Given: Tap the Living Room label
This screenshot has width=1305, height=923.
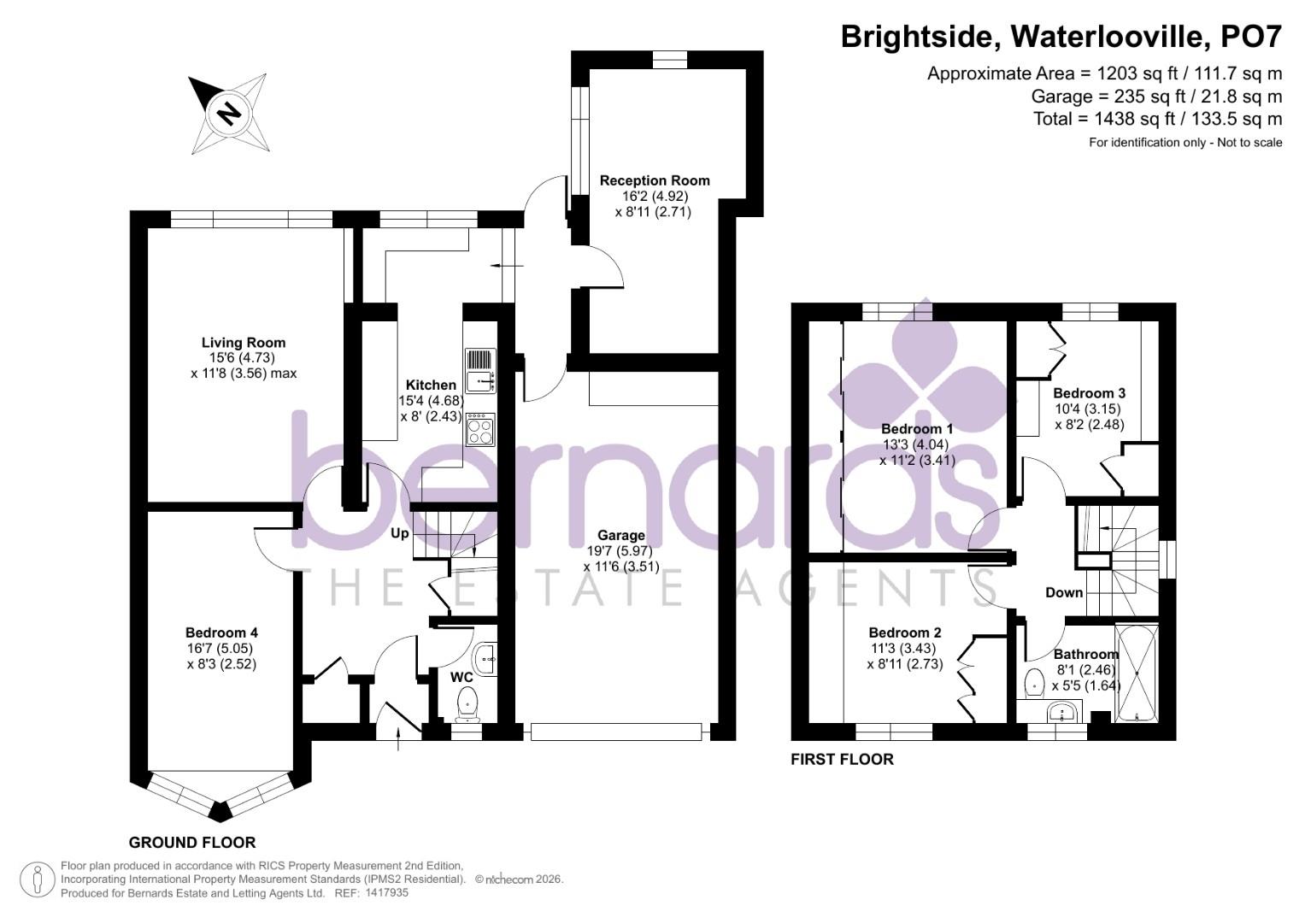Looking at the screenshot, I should point(243,343).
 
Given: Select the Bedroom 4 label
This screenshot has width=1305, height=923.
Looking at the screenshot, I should point(221,632).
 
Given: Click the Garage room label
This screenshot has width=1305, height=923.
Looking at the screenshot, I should point(621,535).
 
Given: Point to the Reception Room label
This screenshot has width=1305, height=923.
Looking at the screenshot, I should point(654,180).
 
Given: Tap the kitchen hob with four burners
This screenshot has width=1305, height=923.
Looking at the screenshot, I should point(480,428).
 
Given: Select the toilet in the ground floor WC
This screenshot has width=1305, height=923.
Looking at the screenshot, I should point(467,704).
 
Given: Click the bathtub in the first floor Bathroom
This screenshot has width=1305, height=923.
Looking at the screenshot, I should point(1137,674).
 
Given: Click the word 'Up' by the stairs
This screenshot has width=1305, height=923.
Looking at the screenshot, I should point(399,534).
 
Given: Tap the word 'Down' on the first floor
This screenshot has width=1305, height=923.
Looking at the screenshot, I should point(1064,592).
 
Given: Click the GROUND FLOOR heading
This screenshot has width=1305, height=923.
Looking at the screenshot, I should point(192,842).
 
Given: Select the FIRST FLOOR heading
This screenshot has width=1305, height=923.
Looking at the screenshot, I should point(842,759).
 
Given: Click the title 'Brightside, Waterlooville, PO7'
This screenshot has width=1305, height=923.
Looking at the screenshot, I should point(1061,36).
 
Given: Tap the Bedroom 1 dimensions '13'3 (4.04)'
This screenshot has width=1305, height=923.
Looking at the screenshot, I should point(916,444).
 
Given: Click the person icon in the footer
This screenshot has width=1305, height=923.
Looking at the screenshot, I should point(37,879).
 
